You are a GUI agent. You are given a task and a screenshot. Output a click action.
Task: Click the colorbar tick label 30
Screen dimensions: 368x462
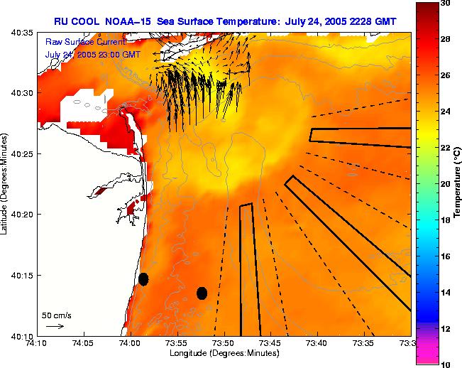[446, 4]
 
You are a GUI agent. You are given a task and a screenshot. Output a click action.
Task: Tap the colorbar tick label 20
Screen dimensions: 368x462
[446, 184]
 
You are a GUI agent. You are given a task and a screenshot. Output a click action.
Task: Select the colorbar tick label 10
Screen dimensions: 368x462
[446, 364]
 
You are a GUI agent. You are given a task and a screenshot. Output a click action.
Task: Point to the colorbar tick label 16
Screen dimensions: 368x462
[446, 256]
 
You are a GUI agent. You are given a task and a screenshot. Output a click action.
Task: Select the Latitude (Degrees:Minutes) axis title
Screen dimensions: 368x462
[6, 185]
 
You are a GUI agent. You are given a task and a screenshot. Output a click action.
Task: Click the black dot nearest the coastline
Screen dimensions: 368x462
[143, 278]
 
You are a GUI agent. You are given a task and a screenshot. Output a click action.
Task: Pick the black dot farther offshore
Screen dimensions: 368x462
[202, 293]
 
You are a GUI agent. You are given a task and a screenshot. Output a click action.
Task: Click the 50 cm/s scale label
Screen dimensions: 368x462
[56, 315]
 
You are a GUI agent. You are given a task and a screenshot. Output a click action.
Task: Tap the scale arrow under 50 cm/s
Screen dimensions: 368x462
[55, 326]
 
